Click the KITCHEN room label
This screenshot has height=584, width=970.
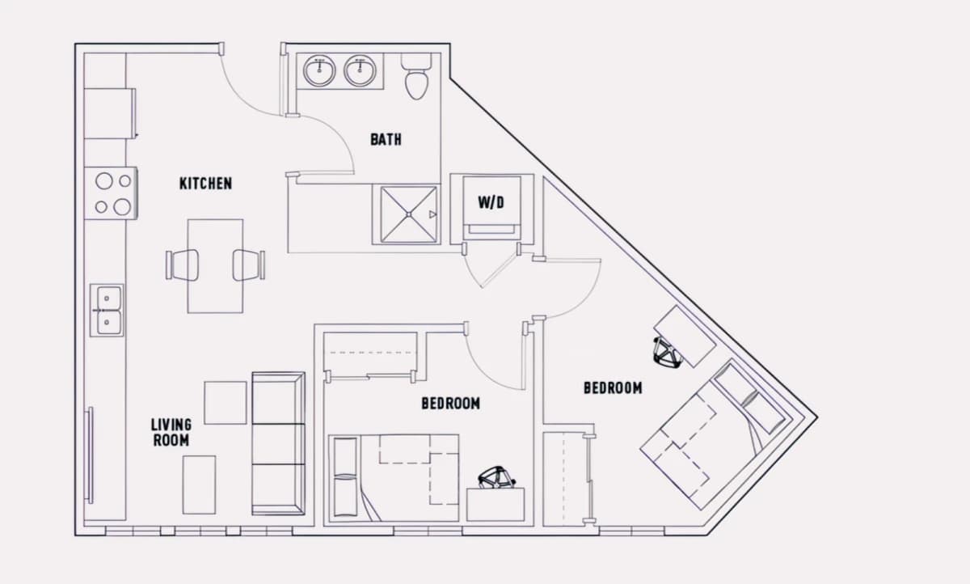pyautogui.click(x=205, y=184)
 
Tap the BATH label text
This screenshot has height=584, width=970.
pyautogui.click(x=386, y=139)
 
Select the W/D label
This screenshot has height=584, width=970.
pyautogui.click(x=491, y=202)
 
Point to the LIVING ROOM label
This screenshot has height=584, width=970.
pyautogui.click(x=171, y=432)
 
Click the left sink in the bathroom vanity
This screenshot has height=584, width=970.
pyautogui.click(x=319, y=70)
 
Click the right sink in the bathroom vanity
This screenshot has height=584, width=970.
pyautogui.click(x=360, y=70)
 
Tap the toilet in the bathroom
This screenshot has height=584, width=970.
pyautogui.click(x=416, y=76)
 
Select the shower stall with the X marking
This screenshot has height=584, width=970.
pyautogui.click(x=408, y=214)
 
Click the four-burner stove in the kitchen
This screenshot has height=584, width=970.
pyautogui.click(x=111, y=193)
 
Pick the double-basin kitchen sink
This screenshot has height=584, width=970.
pyautogui.click(x=107, y=310)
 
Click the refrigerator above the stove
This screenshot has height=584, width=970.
pyautogui.click(x=110, y=113)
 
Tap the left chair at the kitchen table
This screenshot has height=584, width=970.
pyautogui.click(x=183, y=264)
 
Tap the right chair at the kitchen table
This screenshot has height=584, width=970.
pyautogui.click(x=249, y=265)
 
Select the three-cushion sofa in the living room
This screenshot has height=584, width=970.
pyautogui.click(x=278, y=443)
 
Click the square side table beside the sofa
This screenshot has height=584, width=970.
pyautogui.click(x=226, y=403)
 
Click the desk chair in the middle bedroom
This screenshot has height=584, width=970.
pyautogui.click(x=496, y=477)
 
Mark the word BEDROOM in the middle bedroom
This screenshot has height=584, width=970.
pyautogui.click(x=451, y=404)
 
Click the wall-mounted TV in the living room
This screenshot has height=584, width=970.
pyautogui.click(x=90, y=455)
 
